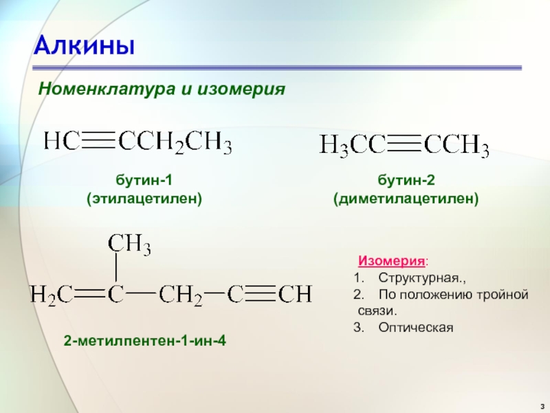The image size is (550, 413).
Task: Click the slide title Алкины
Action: (x=84, y=46)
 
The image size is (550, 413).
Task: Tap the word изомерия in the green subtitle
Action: (x=241, y=89)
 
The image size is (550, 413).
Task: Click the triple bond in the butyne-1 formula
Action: (x=99, y=142)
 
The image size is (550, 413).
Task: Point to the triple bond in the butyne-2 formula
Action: (x=404, y=145)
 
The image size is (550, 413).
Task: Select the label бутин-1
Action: (x=144, y=180)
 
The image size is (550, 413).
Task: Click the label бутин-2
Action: (x=406, y=180)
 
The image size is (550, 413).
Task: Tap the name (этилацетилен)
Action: (x=144, y=199)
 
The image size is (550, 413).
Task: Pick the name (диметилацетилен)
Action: (x=406, y=199)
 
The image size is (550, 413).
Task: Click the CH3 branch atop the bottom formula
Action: (x=129, y=244)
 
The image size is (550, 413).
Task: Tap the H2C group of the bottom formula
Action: (x=52, y=295)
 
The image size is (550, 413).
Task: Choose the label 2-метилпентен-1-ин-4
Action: (x=145, y=340)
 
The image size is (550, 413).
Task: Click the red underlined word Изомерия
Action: (x=391, y=261)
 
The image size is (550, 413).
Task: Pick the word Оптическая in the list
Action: (x=416, y=328)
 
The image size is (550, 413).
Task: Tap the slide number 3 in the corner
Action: (x=542, y=405)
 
